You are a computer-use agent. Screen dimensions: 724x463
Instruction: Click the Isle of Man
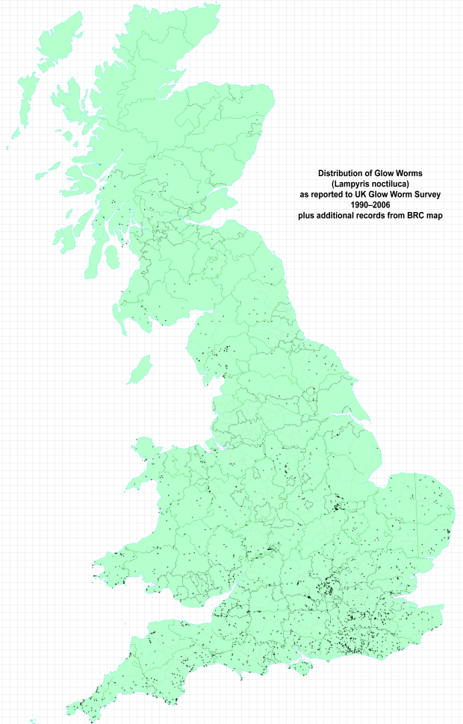tap(140, 369)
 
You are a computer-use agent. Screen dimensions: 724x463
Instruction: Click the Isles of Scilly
tap(34, 720)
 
